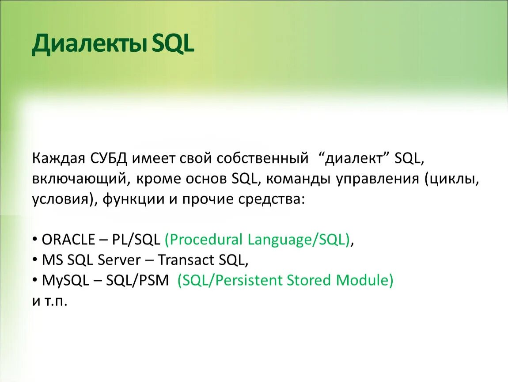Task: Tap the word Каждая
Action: pos(59,159)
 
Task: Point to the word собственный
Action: pos(262,159)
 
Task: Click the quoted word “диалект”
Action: pos(354,159)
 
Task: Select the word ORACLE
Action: pos(68,240)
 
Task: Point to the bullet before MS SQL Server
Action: pos(35,260)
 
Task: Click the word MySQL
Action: pos(65,280)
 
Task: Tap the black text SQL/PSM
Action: pos(137,280)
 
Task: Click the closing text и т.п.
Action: pos(49,301)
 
